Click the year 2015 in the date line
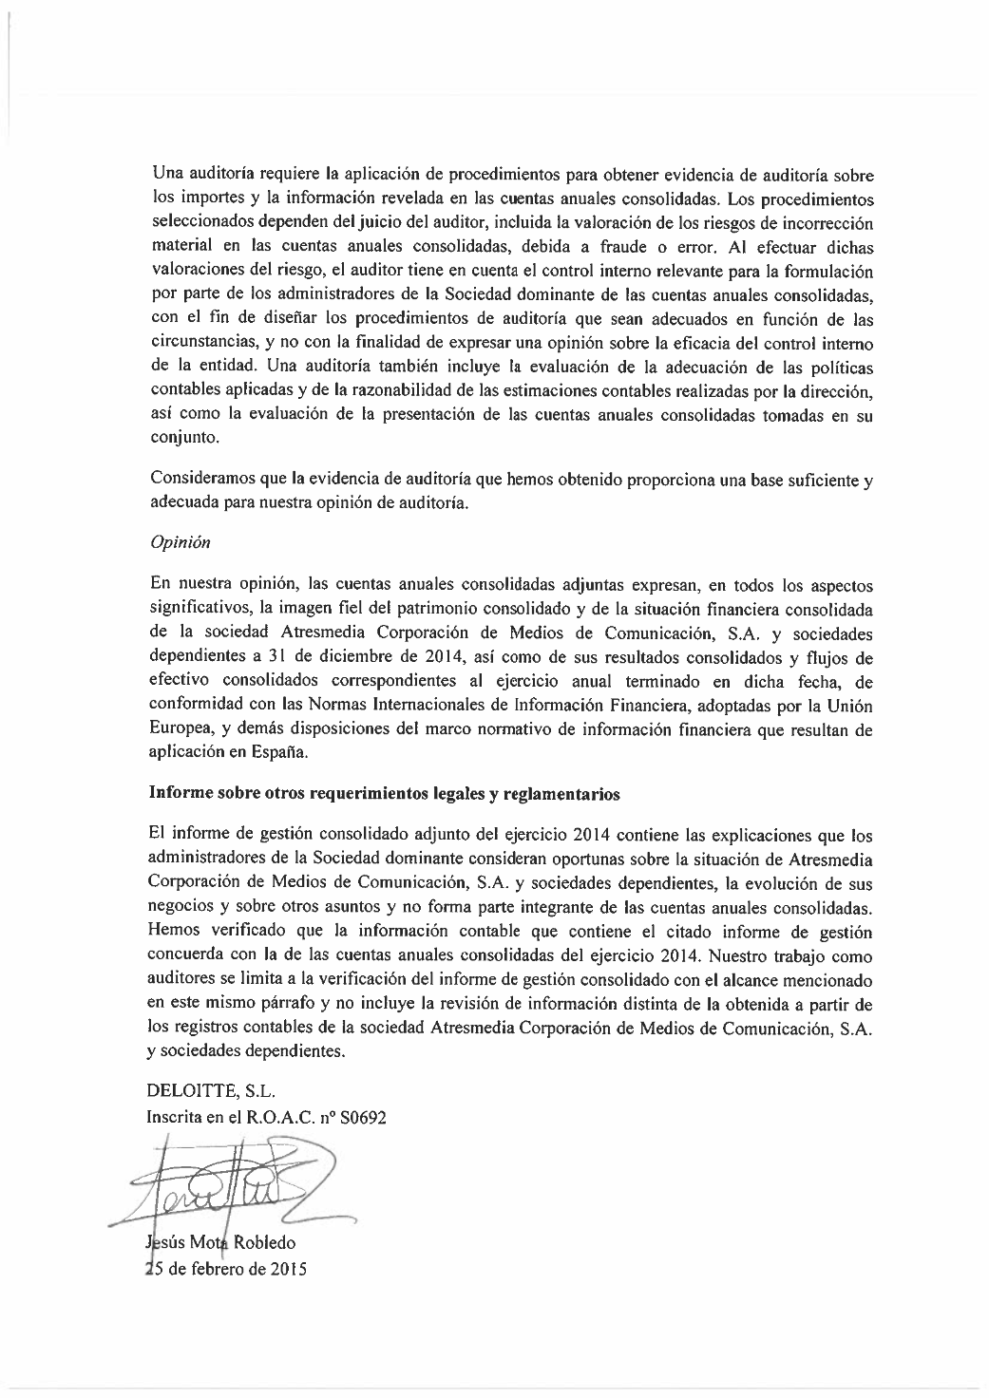tap(287, 1270)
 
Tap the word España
tap(280, 751)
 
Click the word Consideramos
tap(201, 481)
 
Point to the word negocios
tap(182, 907)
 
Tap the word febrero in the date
tap(218, 1270)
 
